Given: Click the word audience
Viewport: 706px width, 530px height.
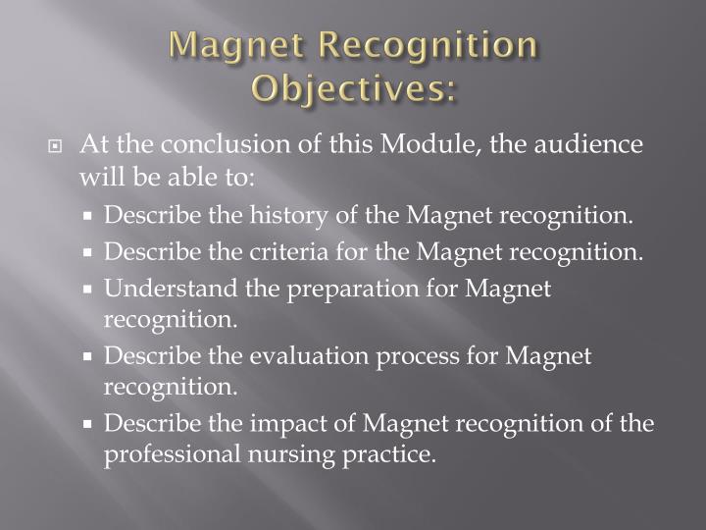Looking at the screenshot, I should [x=593, y=145].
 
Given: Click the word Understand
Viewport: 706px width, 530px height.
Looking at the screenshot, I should [x=162, y=288].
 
